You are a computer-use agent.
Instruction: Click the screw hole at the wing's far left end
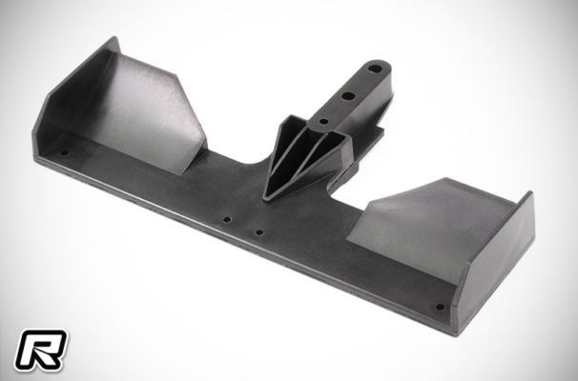[x=65, y=152]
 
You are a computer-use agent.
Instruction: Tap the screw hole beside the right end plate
[x=440, y=307]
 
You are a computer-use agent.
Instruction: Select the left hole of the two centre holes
[x=227, y=220]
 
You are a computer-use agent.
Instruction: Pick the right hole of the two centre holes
[x=259, y=232]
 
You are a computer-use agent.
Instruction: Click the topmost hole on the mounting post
[x=375, y=69]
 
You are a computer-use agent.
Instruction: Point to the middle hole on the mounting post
[x=348, y=96]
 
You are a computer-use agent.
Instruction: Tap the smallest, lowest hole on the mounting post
[x=323, y=121]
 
